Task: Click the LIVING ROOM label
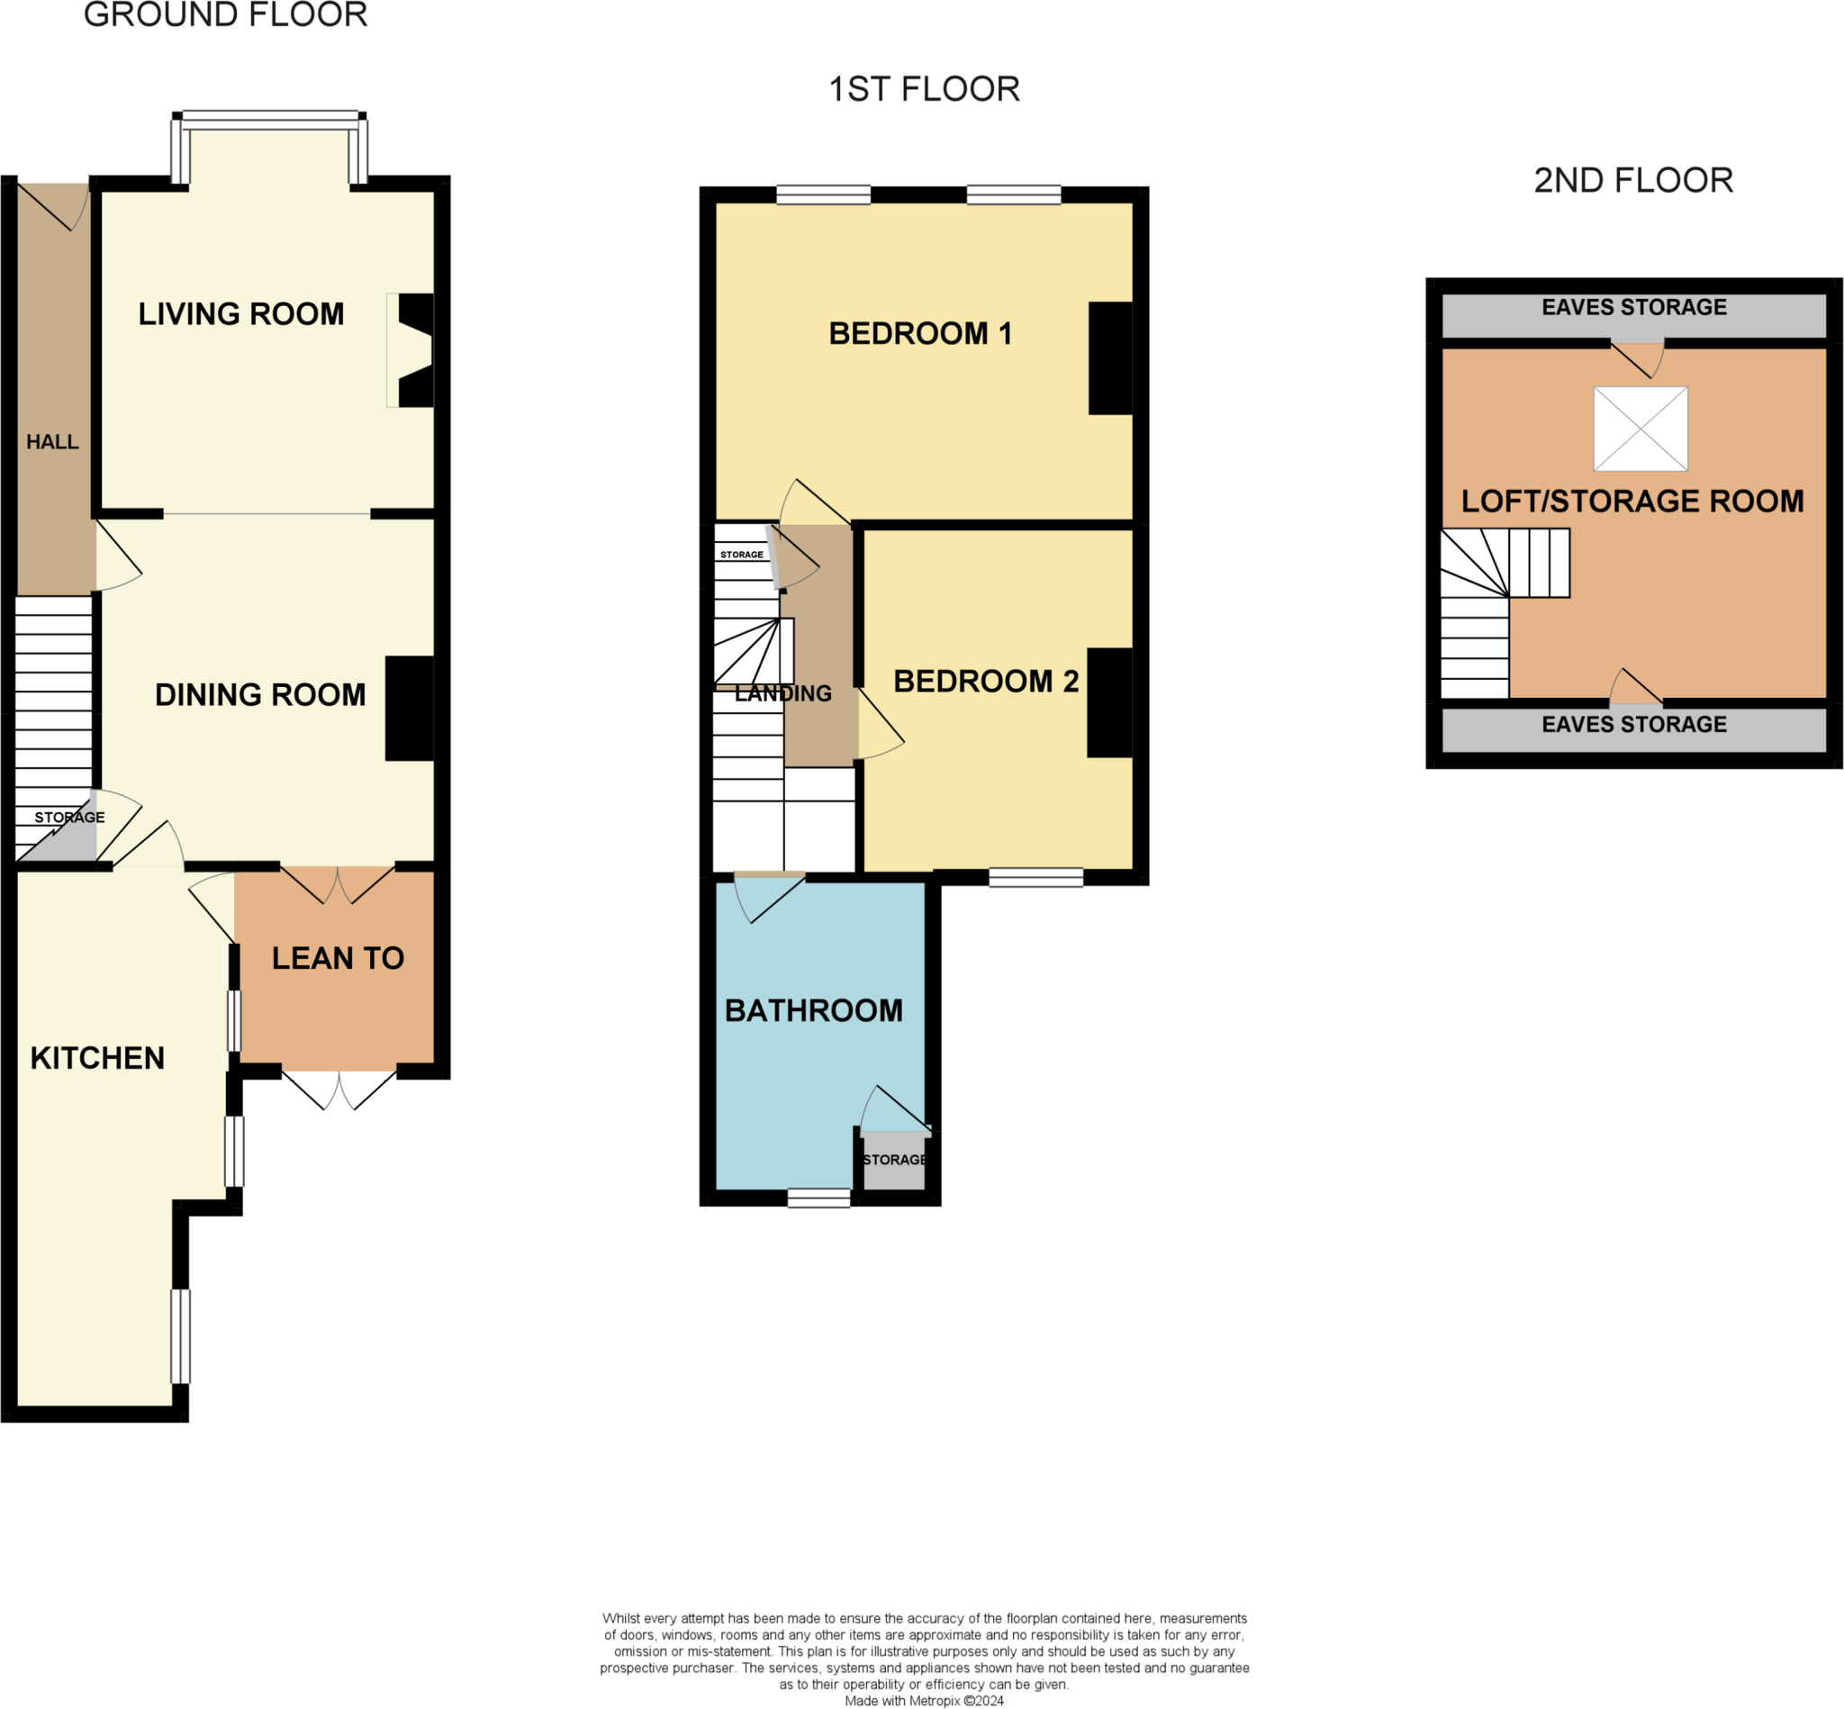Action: (x=241, y=314)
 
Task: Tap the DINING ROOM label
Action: (x=261, y=695)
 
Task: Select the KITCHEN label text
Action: (x=98, y=1058)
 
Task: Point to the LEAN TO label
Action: (x=339, y=958)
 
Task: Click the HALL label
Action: (x=53, y=442)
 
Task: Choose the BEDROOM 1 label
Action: (x=920, y=333)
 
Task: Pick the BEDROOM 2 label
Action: (x=986, y=682)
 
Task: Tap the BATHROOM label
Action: (x=814, y=1011)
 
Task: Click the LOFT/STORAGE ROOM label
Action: (x=1632, y=502)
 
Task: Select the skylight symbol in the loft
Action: (x=1641, y=430)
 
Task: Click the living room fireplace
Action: (x=411, y=350)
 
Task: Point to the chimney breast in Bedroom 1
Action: (x=1111, y=358)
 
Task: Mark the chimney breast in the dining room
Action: (x=410, y=710)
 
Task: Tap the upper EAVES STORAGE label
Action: (x=1634, y=307)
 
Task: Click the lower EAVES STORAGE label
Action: (x=1634, y=724)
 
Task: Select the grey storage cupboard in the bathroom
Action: (x=893, y=1161)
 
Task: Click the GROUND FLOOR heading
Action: (x=226, y=15)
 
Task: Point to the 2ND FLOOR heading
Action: (x=1633, y=180)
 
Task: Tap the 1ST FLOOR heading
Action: (x=924, y=90)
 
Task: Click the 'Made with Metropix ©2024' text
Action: (x=924, y=1701)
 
